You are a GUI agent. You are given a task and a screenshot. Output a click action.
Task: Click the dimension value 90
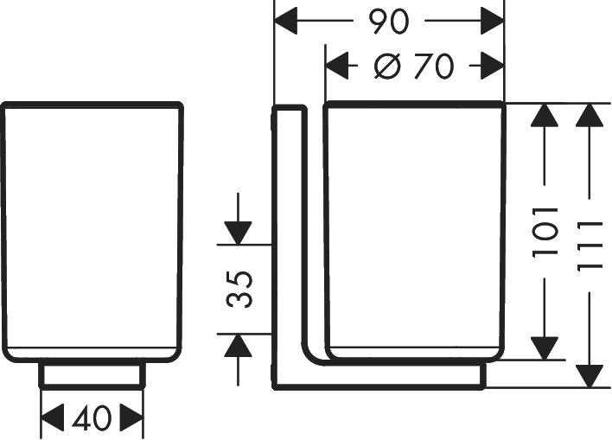pos(388,22)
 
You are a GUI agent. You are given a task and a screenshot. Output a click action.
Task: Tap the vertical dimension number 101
pos(546,231)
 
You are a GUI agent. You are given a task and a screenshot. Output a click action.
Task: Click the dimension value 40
pos(92,419)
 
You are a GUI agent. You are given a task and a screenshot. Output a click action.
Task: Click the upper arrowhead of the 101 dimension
pos(545,118)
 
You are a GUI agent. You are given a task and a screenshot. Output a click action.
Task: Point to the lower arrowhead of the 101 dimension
pos(545,347)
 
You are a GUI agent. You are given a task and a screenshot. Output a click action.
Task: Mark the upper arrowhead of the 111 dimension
pos(590,118)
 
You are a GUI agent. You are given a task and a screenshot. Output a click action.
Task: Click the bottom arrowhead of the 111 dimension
pos(590,373)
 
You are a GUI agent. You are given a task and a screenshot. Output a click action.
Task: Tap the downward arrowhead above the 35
pos(238,232)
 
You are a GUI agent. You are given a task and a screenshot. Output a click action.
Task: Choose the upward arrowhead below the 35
pos(238,346)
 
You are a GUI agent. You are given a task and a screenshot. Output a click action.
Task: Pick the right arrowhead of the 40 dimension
pos(131,419)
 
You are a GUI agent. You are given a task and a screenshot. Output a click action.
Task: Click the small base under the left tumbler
pos(92,374)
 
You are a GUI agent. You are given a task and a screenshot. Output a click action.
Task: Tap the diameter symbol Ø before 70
pos(387,66)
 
